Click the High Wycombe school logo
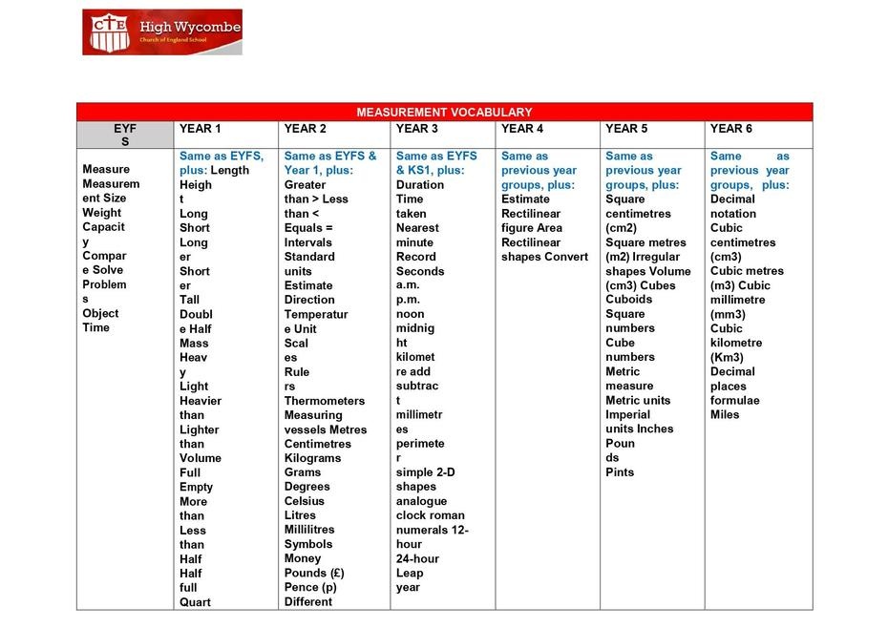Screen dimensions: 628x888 [x=161, y=31]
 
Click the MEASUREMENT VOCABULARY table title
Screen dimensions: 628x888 [x=444, y=112]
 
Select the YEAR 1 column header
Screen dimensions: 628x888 [x=200, y=129]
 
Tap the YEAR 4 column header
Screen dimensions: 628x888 [x=522, y=129]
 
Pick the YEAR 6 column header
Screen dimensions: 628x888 [x=730, y=129]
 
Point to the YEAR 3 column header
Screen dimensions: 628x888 [x=417, y=129]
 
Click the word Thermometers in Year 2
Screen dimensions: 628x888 [x=324, y=401]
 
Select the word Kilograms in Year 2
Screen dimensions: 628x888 [x=312, y=458]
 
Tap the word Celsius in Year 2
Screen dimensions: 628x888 [x=305, y=501]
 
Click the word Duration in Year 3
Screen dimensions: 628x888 [x=420, y=185]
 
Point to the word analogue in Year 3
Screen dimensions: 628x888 [x=421, y=501]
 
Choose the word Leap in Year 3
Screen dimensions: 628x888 [x=410, y=574]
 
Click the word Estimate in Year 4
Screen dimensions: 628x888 [x=525, y=199]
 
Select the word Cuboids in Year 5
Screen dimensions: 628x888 [x=628, y=300]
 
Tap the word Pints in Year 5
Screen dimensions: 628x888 [x=620, y=472]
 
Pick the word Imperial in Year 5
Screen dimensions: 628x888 [x=627, y=415]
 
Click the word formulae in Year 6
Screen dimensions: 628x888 [x=735, y=401]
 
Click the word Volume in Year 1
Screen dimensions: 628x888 [x=200, y=458]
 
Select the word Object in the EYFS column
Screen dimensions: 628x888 [x=100, y=313]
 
